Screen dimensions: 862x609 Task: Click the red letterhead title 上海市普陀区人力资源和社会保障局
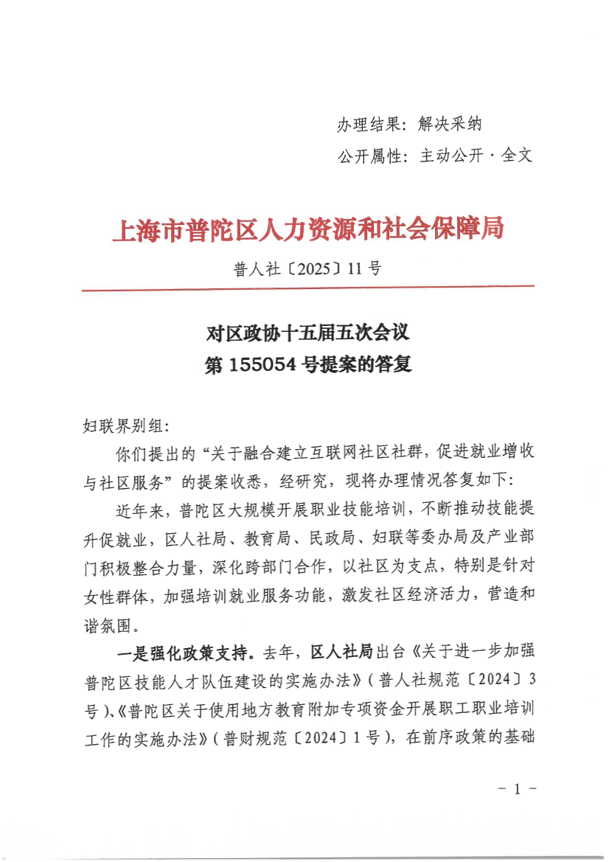coord(307,230)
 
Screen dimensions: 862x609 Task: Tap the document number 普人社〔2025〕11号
coord(307,268)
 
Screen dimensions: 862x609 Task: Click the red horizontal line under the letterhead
coord(307,288)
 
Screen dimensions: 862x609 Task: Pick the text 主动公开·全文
coord(476,156)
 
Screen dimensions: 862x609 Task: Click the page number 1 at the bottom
coord(517,790)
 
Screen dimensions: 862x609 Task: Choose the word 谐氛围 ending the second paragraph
coord(107,626)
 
